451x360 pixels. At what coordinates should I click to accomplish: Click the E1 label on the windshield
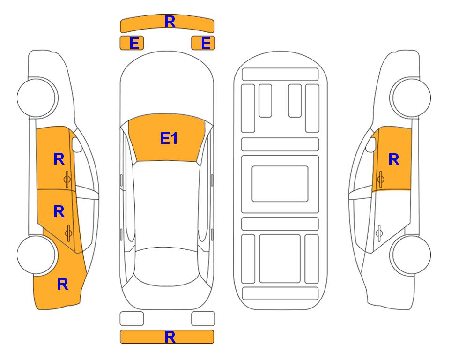click(x=169, y=138)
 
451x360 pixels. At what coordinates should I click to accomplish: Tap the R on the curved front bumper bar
click(x=170, y=22)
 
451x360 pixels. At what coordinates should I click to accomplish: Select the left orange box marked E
click(x=132, y=43)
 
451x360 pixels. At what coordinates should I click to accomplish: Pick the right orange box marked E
click(x=203, y=43)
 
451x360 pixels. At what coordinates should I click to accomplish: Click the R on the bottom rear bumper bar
click(x=170, y=337)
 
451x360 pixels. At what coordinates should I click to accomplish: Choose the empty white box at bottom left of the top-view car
click(x=132, y=319)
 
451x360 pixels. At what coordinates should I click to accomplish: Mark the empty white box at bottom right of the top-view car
click(x=203, y=319)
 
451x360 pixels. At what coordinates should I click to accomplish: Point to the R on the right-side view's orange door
click(x=394, y=159)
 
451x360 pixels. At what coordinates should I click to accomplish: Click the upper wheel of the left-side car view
click(x=37, y=97)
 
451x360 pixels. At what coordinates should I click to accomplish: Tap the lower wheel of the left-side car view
click(x=37, y=255)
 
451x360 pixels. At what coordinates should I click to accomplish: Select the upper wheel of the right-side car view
click(x=411, y=97)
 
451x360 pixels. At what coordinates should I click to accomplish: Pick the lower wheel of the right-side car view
click(x=411, y=255)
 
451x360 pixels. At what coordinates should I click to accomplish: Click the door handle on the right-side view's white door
click(x=379, y=233)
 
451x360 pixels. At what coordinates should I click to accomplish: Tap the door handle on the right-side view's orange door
click(x=380, y=179)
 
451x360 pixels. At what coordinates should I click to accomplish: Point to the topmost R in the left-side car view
click(x=59, y=159)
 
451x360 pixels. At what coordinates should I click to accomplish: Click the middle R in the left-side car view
click(x=59, y=212)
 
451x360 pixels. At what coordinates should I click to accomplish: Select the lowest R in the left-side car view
click(x=63, y=284)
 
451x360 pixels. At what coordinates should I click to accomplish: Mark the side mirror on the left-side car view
click(x=76, y=144)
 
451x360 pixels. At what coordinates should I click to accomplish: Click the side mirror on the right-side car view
click(x=371, y=144)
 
